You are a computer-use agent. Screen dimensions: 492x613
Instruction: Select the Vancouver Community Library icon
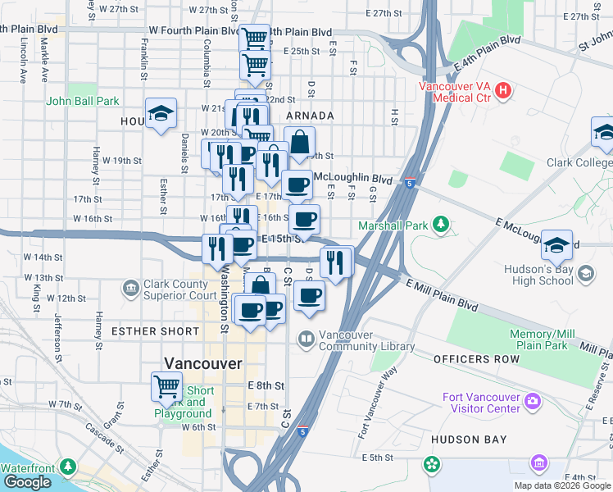(x=306, y=338)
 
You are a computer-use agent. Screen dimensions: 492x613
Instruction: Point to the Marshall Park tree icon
(x=441, y=224)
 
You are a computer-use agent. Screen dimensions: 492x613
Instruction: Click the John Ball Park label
(x=83, y=102)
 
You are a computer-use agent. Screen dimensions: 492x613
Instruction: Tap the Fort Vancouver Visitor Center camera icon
(x=534, y=400)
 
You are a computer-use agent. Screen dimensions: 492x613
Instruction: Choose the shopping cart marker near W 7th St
(x=167, y=385)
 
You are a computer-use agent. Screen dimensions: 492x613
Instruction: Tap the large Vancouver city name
(x=203, y=363)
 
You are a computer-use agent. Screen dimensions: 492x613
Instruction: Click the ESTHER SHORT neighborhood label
(x=155, y=331)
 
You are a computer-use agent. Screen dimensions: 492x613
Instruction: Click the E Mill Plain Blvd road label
(x=442, y=294)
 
